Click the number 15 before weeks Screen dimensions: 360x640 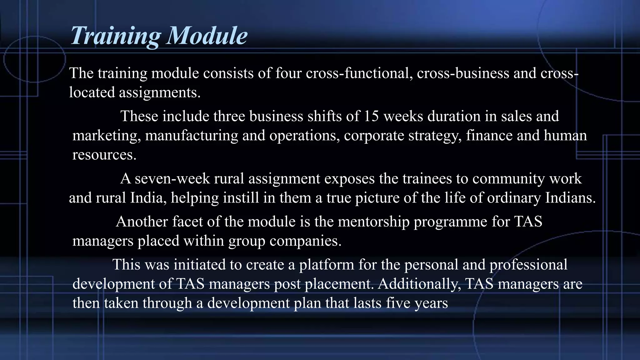371,116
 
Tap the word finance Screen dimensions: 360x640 489,136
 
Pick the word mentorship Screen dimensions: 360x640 374,222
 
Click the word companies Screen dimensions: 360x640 306,241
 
